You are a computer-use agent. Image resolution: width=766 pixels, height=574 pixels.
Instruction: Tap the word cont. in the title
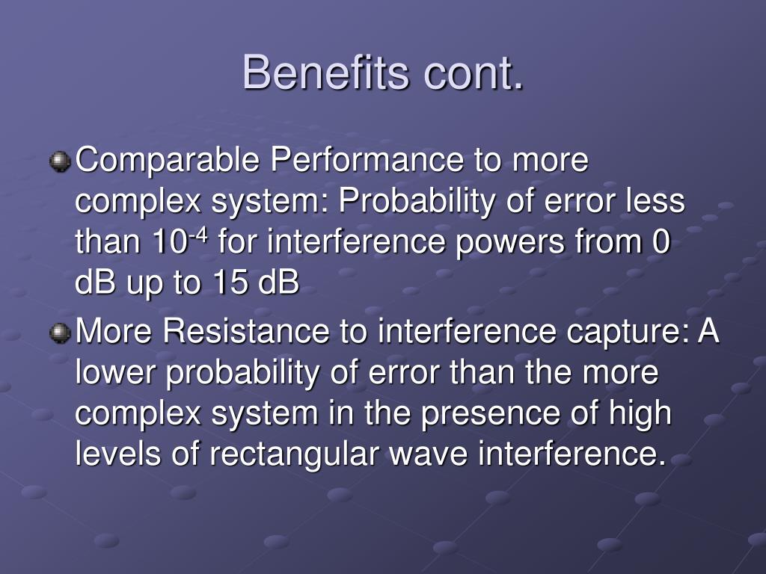(474, 74)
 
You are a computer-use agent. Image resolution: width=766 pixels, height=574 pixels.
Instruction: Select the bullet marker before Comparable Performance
(60, 161)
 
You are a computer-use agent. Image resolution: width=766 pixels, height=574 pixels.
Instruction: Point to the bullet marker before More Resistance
(60, 333)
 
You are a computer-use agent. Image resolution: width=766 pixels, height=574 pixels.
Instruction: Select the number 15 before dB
(230, 282)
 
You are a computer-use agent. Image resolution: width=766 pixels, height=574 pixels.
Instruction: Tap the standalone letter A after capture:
(708, 331)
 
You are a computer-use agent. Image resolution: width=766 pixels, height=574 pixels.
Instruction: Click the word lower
(115, 372)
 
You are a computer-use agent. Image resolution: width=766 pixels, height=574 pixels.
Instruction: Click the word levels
(118, 454)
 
